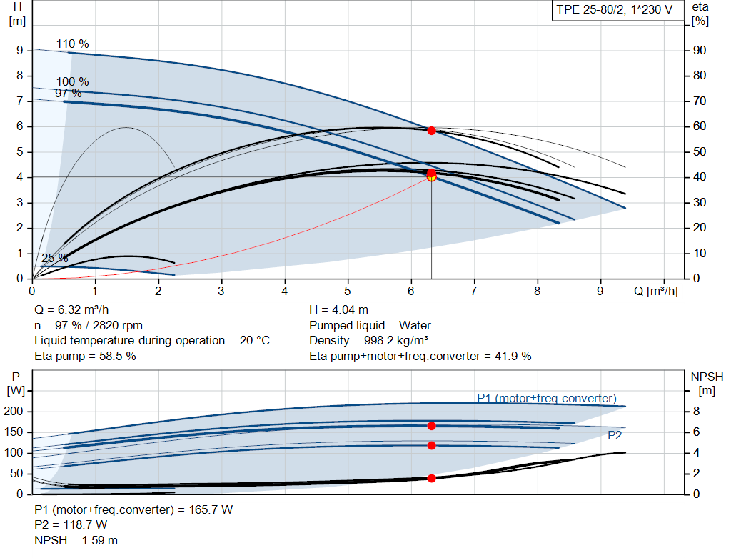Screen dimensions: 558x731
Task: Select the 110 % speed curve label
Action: click(x=73, y=44)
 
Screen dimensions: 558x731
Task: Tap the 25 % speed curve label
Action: click(x=55, y=258)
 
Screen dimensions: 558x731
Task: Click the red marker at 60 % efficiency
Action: click(x=431, y=131)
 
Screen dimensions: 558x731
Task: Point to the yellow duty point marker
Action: click(x=431, y=176)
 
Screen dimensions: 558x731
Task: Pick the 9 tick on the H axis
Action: click(x=20, y=51)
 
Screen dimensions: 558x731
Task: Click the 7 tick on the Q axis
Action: click(x=474, y=291)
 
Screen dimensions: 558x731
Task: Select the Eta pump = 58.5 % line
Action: click(x=85, y=356)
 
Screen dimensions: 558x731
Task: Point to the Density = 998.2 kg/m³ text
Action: click(x=368, y=340)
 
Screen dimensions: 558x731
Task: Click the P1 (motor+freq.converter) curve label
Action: click(x=547, y=398)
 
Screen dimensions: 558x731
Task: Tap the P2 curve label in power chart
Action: click(x=615, y=434)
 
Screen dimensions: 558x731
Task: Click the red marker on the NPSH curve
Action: click(x=431, y=478)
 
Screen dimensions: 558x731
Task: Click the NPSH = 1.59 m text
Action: click(x=76, y=540)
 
